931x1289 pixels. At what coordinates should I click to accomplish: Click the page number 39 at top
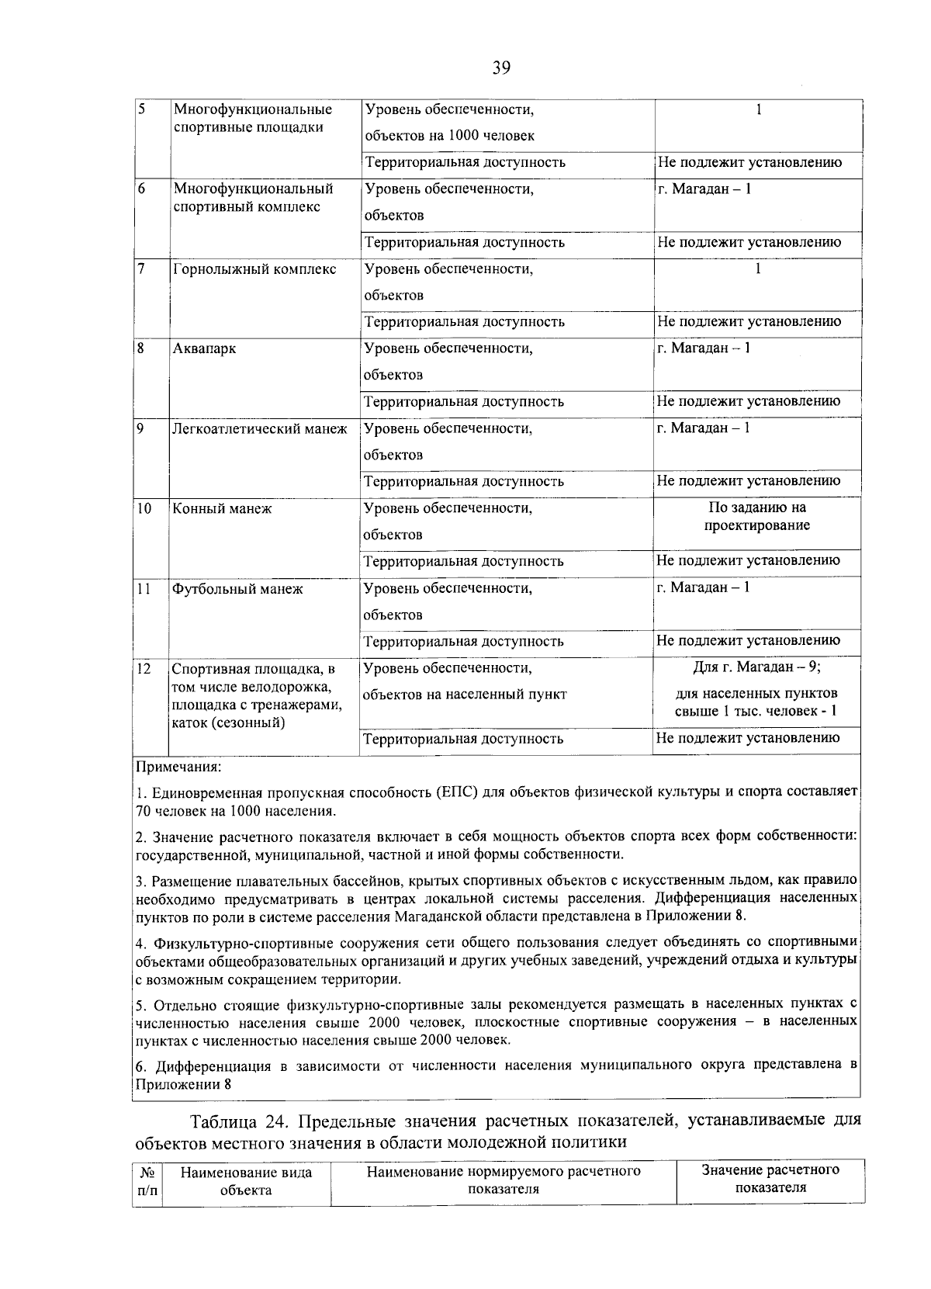[500, 68]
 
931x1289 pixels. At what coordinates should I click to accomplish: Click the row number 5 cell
[141, 109]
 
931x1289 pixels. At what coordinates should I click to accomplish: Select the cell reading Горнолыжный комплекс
[254, 269]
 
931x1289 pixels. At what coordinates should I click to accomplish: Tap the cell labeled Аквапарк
[205, 349]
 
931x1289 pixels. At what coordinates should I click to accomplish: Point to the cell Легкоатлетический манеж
[260, 429]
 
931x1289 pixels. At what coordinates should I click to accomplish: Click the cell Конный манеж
[222, 509]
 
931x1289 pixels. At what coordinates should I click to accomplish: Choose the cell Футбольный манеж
[237, 589]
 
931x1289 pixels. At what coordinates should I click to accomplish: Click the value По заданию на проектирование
[757, 517]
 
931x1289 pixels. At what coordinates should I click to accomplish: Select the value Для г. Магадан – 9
[756, 667]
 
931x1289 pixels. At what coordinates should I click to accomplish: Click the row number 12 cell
[144, 669]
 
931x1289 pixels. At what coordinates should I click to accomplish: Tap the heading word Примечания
[178, 768]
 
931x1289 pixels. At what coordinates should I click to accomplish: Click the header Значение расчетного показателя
[770, 1178]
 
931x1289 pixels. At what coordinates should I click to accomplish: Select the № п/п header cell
[147, 1181]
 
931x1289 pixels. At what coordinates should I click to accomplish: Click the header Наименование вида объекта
[246, 1181]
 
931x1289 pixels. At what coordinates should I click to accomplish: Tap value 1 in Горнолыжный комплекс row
[757, 269]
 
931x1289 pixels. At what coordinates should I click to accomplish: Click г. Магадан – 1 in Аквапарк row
[704, 348]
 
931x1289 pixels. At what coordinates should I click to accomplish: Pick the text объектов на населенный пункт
[465, 695]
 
